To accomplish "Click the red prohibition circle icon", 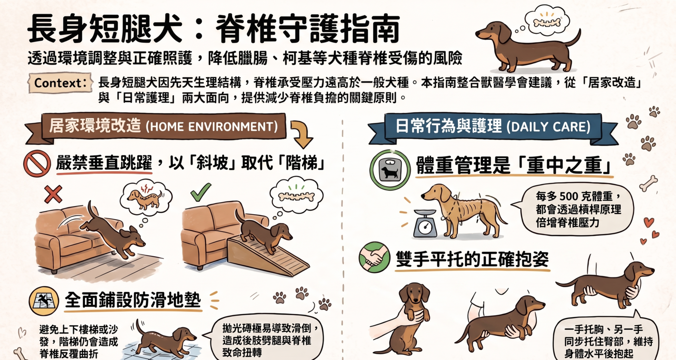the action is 37,164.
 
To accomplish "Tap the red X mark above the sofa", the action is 53,194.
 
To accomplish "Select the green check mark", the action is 200,192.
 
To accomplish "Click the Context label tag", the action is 60,83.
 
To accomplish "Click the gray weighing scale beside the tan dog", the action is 425,223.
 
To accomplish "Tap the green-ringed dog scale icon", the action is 390,169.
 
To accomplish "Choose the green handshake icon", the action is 374,257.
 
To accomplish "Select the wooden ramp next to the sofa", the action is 267,256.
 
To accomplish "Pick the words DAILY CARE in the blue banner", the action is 550,127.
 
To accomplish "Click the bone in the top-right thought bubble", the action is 547,23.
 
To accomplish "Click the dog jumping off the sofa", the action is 113,231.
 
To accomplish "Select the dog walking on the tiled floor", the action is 165,339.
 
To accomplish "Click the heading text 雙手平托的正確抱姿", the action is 472,259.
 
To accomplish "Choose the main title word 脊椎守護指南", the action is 308,29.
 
